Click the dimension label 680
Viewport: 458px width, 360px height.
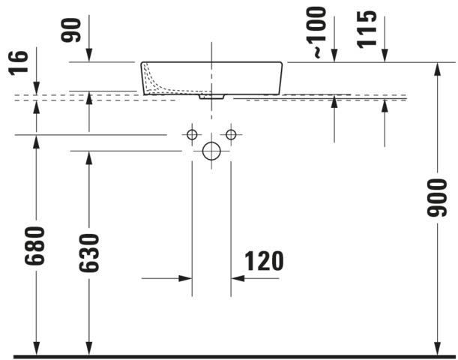coord(34,245)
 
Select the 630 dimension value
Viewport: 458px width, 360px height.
coord(88,253)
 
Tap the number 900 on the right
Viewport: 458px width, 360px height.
coord(437,198)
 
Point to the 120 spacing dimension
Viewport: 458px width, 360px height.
coord(264,261)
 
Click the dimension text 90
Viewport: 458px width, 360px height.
coord(70,30)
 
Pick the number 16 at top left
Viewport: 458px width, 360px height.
coord(18,63)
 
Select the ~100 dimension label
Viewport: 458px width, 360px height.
coord(316,32)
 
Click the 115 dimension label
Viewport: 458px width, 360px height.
coord(367,28)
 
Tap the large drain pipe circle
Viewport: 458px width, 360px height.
coord(211,151)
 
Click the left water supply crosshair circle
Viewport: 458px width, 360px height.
coord(192,135)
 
